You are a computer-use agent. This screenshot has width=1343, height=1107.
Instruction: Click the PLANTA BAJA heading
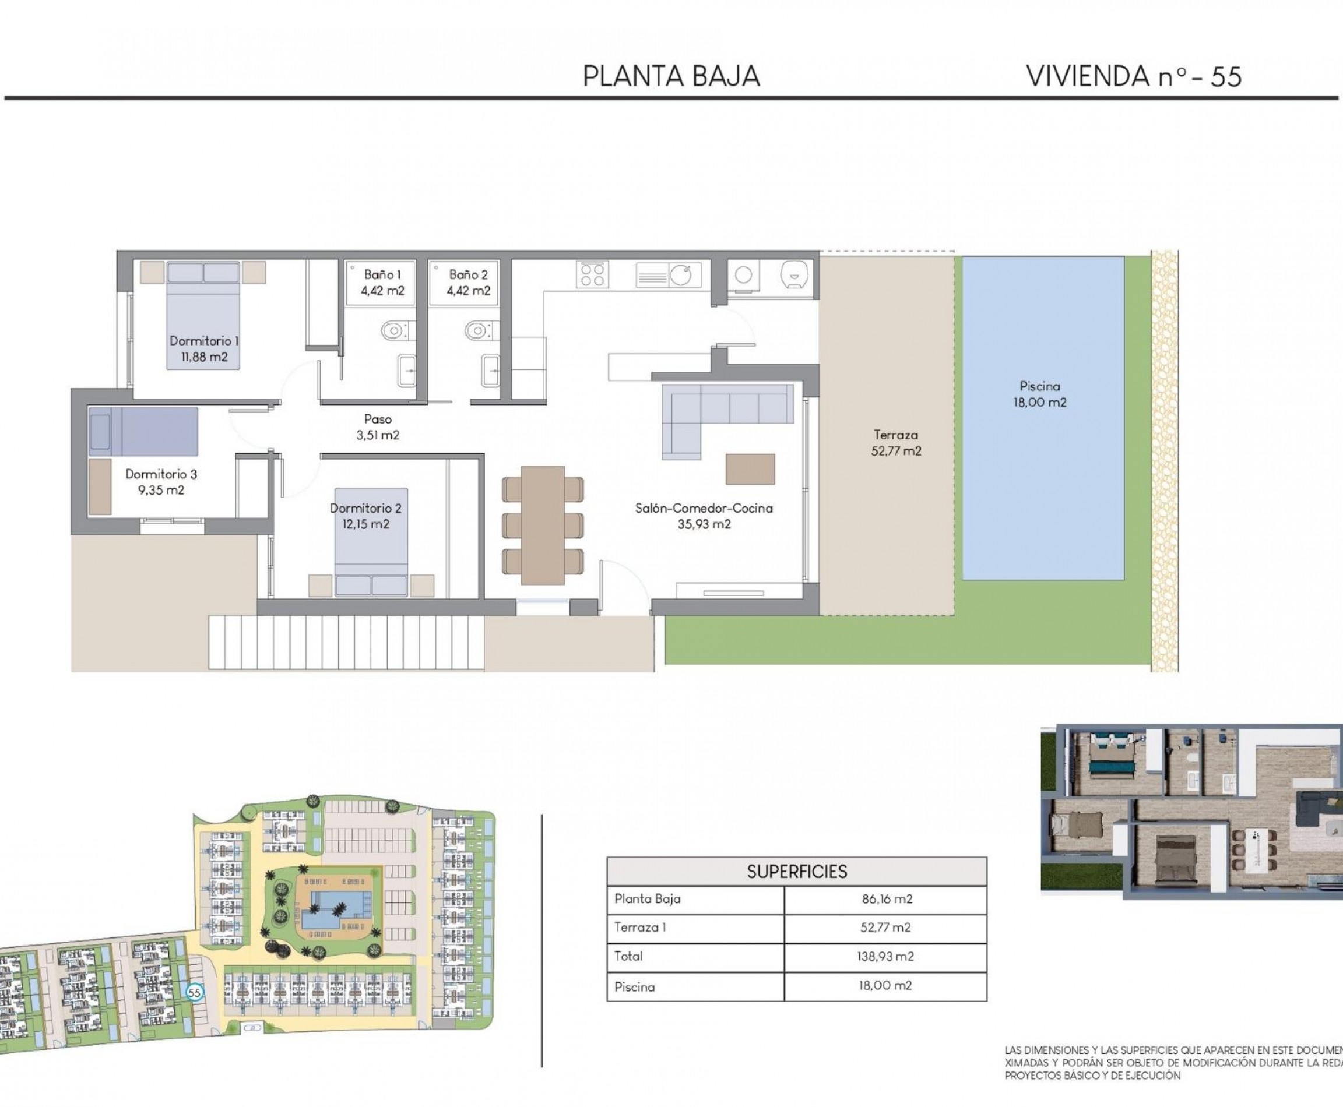coord(671,76)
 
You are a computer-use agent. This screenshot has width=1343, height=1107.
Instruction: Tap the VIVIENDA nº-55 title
coord(1133,76)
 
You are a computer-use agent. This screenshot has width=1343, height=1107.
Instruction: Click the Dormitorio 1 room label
coord(204,349)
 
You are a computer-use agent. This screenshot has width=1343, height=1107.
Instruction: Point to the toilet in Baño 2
coord(479,331)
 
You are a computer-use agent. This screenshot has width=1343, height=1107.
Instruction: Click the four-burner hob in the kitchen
coord(592,275)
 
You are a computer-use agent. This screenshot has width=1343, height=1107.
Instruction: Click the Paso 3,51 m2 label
coord(378,427)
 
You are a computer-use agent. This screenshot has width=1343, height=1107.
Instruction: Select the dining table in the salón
coord(542,525)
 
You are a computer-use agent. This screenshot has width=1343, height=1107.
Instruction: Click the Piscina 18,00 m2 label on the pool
coord(1039,394)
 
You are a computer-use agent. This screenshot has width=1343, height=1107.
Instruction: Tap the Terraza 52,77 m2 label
coord(896,443)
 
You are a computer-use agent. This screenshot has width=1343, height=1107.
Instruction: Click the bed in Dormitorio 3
coord(143,431)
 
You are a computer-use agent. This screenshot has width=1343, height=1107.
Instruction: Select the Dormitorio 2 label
coord(365,516)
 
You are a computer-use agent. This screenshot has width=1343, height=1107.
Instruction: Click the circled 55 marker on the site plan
coord(194,993)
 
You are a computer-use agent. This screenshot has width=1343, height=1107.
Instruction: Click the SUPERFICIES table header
coord(796,872)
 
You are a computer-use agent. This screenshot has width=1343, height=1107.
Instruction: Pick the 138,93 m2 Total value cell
coord(885,957)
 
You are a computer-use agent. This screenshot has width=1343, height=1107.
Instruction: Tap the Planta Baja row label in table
coord(647,899)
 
